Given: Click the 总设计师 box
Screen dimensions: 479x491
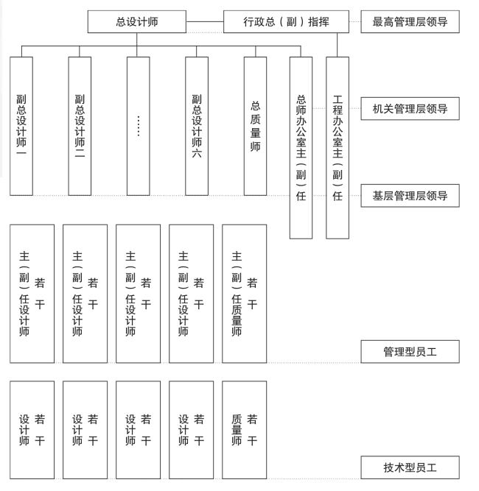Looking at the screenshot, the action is (x=136, y=21).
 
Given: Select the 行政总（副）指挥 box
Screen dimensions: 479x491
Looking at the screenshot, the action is (x=286, y=21).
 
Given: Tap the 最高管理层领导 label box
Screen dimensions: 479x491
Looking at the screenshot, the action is (x=410, y=21).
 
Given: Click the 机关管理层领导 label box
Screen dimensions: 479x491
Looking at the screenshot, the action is (x=410, y=110).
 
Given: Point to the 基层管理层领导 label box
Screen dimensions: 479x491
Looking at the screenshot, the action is (x=410, y=196).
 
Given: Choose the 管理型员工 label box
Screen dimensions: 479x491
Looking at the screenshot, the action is (x=410, y=352).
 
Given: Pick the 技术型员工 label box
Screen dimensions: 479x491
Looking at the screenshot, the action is (x=410, y=467).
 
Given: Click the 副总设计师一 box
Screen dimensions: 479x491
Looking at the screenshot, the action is (x=21, y=126).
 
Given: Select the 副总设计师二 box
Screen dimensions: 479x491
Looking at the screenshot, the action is (x=80, y=126).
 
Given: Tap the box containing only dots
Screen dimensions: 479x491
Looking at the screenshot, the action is (x=138, y=126).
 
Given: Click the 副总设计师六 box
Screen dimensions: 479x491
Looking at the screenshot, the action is (x=197, y=126).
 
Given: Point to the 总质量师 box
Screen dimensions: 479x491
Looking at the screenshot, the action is (x=255, y=126).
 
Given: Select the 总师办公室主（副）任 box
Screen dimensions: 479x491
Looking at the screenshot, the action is (x=301, y=147).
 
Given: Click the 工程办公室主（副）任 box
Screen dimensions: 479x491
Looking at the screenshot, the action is (x=338, y=147).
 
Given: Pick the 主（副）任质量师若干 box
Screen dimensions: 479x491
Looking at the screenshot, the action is (x=244, y=294).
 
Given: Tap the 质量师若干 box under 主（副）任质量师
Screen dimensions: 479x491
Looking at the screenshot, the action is (x=244, y=430).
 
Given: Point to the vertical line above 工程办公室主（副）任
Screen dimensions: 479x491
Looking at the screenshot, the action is (x=338, y=45).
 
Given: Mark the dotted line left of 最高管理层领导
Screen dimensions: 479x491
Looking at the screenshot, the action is (x=354, y=21).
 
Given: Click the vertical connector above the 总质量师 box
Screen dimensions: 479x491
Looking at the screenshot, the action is (x=255, y=52).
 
